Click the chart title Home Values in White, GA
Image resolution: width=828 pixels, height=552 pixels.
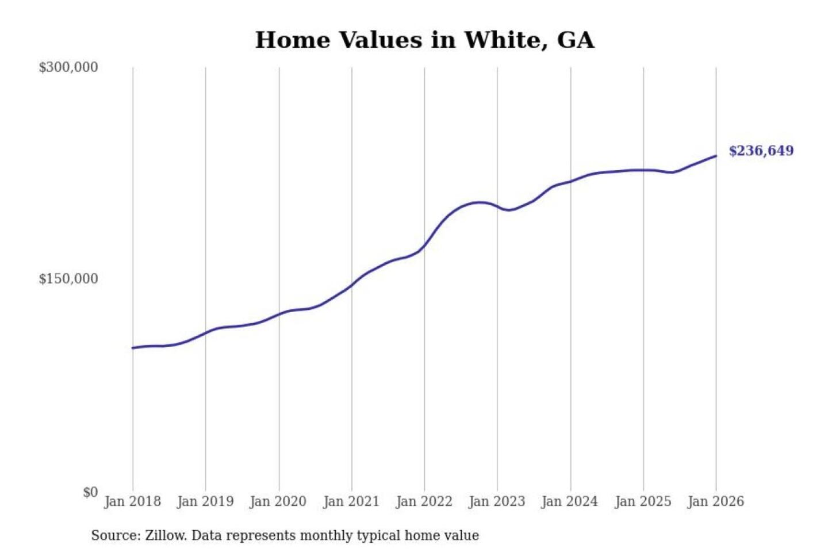click(424, 40)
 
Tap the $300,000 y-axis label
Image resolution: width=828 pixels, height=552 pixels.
click(68, 67)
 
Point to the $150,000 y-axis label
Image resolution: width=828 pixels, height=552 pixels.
click(68, 279)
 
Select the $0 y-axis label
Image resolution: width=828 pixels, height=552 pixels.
click(90, 492)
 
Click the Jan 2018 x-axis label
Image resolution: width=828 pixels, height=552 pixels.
click(132, 501)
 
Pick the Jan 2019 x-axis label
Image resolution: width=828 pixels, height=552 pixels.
click(205, 501)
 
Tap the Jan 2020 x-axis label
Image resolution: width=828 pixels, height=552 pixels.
click(278, 501)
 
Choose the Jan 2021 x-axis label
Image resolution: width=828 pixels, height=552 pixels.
click(351, 501)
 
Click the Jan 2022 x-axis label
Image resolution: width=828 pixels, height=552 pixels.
click(424, 501)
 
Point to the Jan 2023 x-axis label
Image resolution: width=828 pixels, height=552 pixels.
click(497, 501)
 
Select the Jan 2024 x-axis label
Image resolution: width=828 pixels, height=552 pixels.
click(570, 501)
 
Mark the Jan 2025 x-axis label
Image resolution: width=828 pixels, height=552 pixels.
click(643, 501)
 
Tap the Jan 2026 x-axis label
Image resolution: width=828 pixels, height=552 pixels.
click(716, 501)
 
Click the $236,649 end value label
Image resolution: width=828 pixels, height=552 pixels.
click(761, 151)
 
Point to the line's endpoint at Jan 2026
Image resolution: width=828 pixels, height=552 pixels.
click(716, 156)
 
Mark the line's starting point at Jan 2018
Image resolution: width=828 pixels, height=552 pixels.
click(133, 348)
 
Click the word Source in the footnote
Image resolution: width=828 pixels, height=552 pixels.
click(114, 535)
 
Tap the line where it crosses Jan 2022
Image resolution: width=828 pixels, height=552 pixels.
click(425, 247)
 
